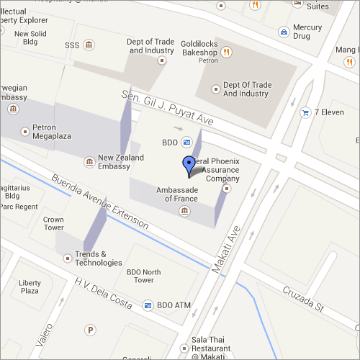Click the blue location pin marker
(x=189, y=165)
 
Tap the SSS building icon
(x=89, y=45)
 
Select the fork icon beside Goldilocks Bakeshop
(x=227, y=51)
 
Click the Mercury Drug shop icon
(x=285, y=32)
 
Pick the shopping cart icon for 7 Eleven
(x=306, y=112)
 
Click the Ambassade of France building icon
(x=185, y=210)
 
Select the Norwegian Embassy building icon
(x=13, y=109)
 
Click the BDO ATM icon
(x=148, y=305)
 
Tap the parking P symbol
(x=90, y=330)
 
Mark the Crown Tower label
(x=53, y=223)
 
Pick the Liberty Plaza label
(x=30, y=287)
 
